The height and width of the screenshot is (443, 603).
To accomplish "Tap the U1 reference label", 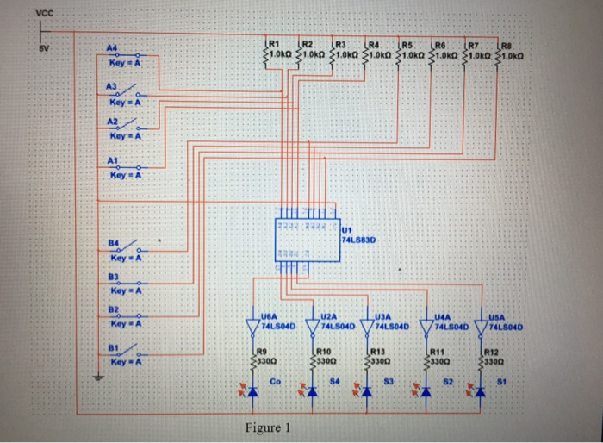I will pos(346,230).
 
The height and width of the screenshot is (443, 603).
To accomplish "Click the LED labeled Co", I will pos(252,393).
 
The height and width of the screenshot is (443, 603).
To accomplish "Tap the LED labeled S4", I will pos(309,393).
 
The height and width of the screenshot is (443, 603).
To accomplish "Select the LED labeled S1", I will pos(481,393).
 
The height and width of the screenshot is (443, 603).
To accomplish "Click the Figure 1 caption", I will pos(268,428).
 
